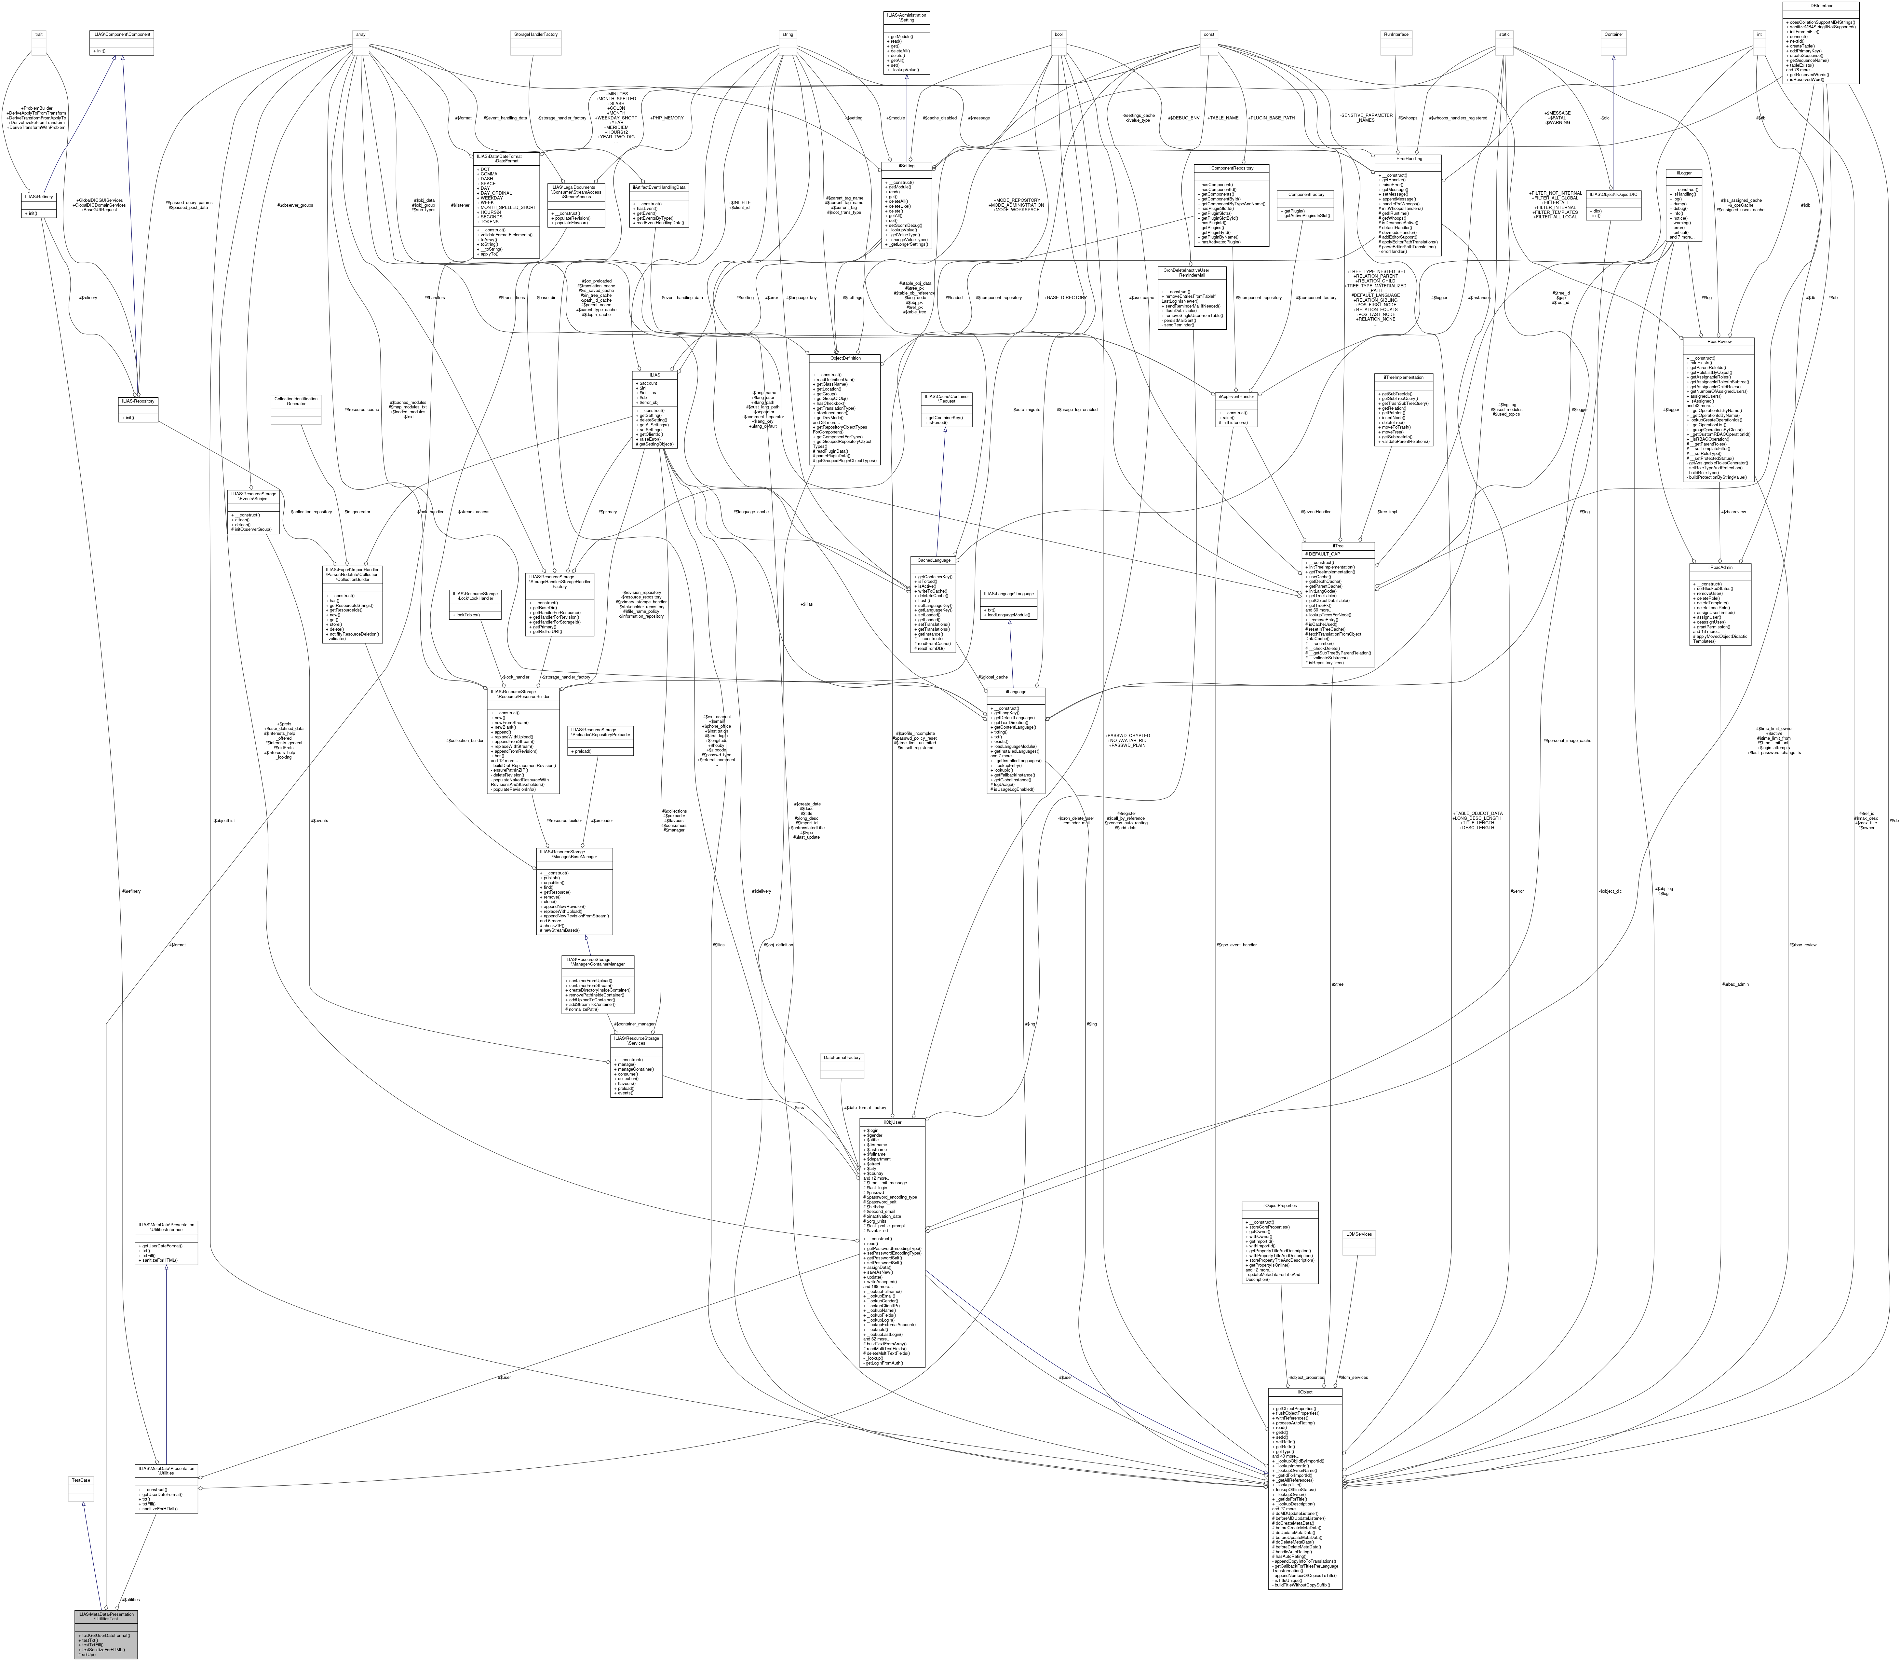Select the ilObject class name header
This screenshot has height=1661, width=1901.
pos(1304,1392)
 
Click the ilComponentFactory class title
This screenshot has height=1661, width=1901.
pos(1305,195)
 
